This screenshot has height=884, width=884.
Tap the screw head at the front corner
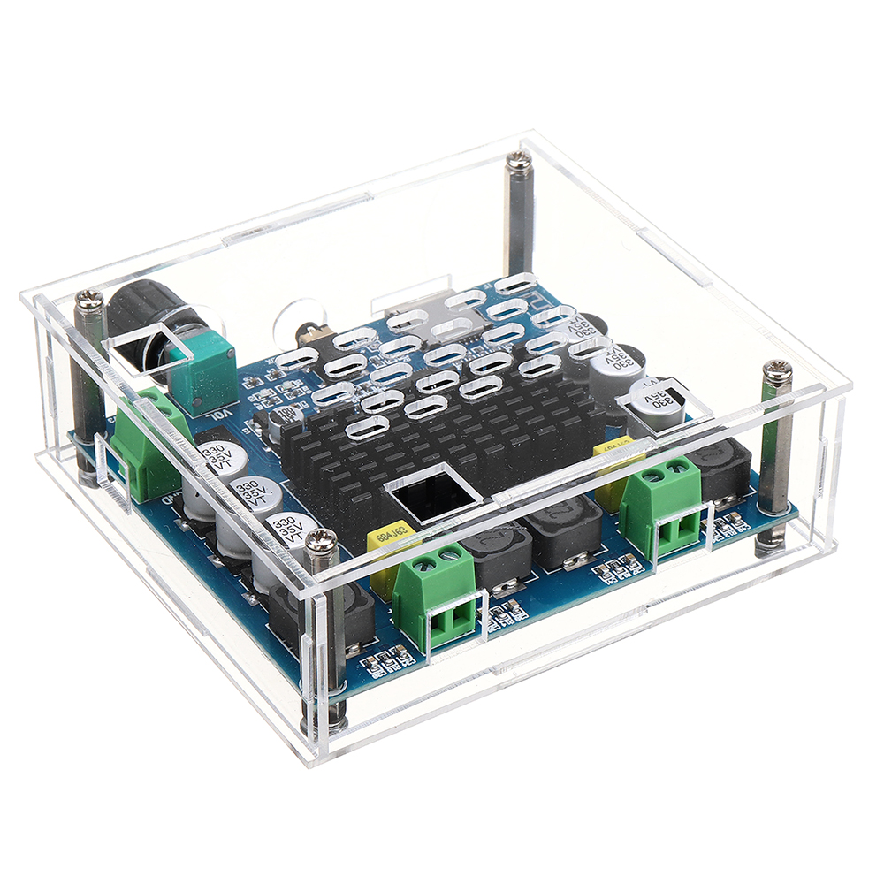pos(320,540)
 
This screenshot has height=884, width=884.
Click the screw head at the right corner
pos(777,371)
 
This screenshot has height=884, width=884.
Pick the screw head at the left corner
pos(90,301)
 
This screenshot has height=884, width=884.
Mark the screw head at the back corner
pos(519,160)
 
